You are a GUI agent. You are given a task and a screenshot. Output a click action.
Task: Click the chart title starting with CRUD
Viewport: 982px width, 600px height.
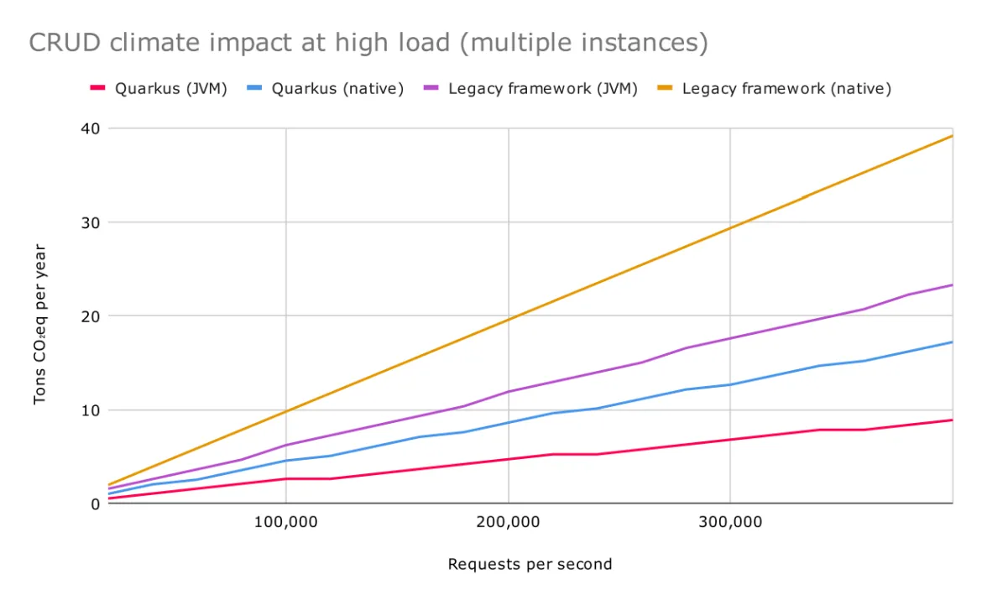pos(368,43)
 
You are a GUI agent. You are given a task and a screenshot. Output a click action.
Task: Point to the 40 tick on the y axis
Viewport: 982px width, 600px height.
pos(91,128)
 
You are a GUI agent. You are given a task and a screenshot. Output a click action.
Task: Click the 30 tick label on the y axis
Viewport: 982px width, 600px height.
pos(91,222)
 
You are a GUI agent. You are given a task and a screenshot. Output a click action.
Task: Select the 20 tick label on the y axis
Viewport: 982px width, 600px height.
pos(91,316)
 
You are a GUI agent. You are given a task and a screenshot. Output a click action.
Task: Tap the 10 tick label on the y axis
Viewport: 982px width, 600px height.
pos(91,410)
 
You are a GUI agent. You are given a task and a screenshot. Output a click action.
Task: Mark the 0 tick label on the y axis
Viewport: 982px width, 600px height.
pos(95,503)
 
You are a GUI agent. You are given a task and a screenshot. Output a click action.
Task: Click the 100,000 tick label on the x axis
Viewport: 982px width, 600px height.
pos(286,522)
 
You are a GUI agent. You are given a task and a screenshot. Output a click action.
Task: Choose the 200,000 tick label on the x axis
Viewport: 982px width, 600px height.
pos(508,522)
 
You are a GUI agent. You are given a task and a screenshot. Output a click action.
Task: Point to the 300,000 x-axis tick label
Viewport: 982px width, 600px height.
pos(729,522)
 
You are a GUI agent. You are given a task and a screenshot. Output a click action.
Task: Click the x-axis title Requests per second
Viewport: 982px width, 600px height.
pos(530,564)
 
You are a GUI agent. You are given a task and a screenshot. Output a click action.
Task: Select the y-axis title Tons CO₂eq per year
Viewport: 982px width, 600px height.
pos(40,324)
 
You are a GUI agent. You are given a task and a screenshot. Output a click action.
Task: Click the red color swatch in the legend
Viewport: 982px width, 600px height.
pos(97,88)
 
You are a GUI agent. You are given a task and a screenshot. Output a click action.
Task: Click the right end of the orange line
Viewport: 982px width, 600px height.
pos(952,136)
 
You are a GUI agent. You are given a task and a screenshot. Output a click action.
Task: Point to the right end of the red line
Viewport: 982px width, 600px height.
pos(952,420)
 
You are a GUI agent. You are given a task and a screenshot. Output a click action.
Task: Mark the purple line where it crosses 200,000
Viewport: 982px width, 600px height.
pos(508,391)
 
